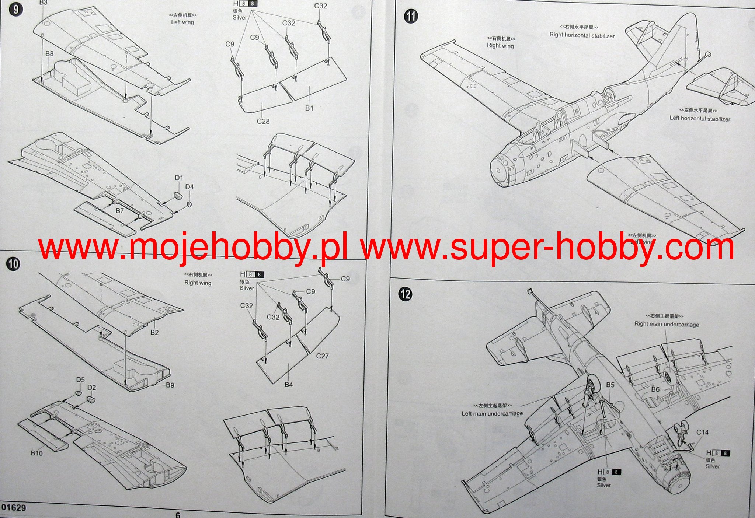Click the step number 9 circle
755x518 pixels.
(15, 9)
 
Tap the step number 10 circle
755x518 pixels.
(14, 264)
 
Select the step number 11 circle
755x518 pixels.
(411, 17)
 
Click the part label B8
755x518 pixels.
(49, 54)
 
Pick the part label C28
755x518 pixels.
(263, 121)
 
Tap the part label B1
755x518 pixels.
(309, 108)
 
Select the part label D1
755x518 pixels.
(179, 178)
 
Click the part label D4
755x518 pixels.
(189, 187)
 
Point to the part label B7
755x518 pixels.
(120, 211)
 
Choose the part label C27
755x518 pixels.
(322, 356)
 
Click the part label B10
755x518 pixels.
(36, 453)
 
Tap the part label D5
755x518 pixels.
(80, 380)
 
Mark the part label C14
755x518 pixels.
(702, 432)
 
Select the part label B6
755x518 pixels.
(655, 389)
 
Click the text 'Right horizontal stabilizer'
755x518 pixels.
(582, 35)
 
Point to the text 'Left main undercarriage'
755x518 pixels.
(492, 413)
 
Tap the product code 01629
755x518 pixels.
(14, 508)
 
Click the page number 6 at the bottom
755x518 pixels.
(178, 515)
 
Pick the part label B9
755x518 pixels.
(170, 385)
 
